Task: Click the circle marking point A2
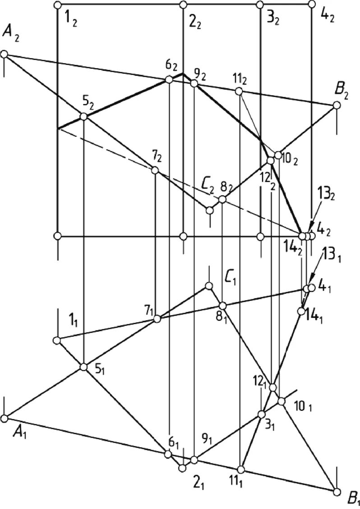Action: (5, 54)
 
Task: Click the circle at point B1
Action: (336, 491)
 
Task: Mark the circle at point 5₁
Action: (83, 367)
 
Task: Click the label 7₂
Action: (157, 157)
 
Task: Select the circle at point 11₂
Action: (239, 92)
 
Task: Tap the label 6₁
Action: (173, 444)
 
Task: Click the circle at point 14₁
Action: (301, 311)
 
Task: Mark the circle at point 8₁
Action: (222, 306)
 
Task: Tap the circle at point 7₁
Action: (157, 319)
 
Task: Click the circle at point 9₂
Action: (194, 83)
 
